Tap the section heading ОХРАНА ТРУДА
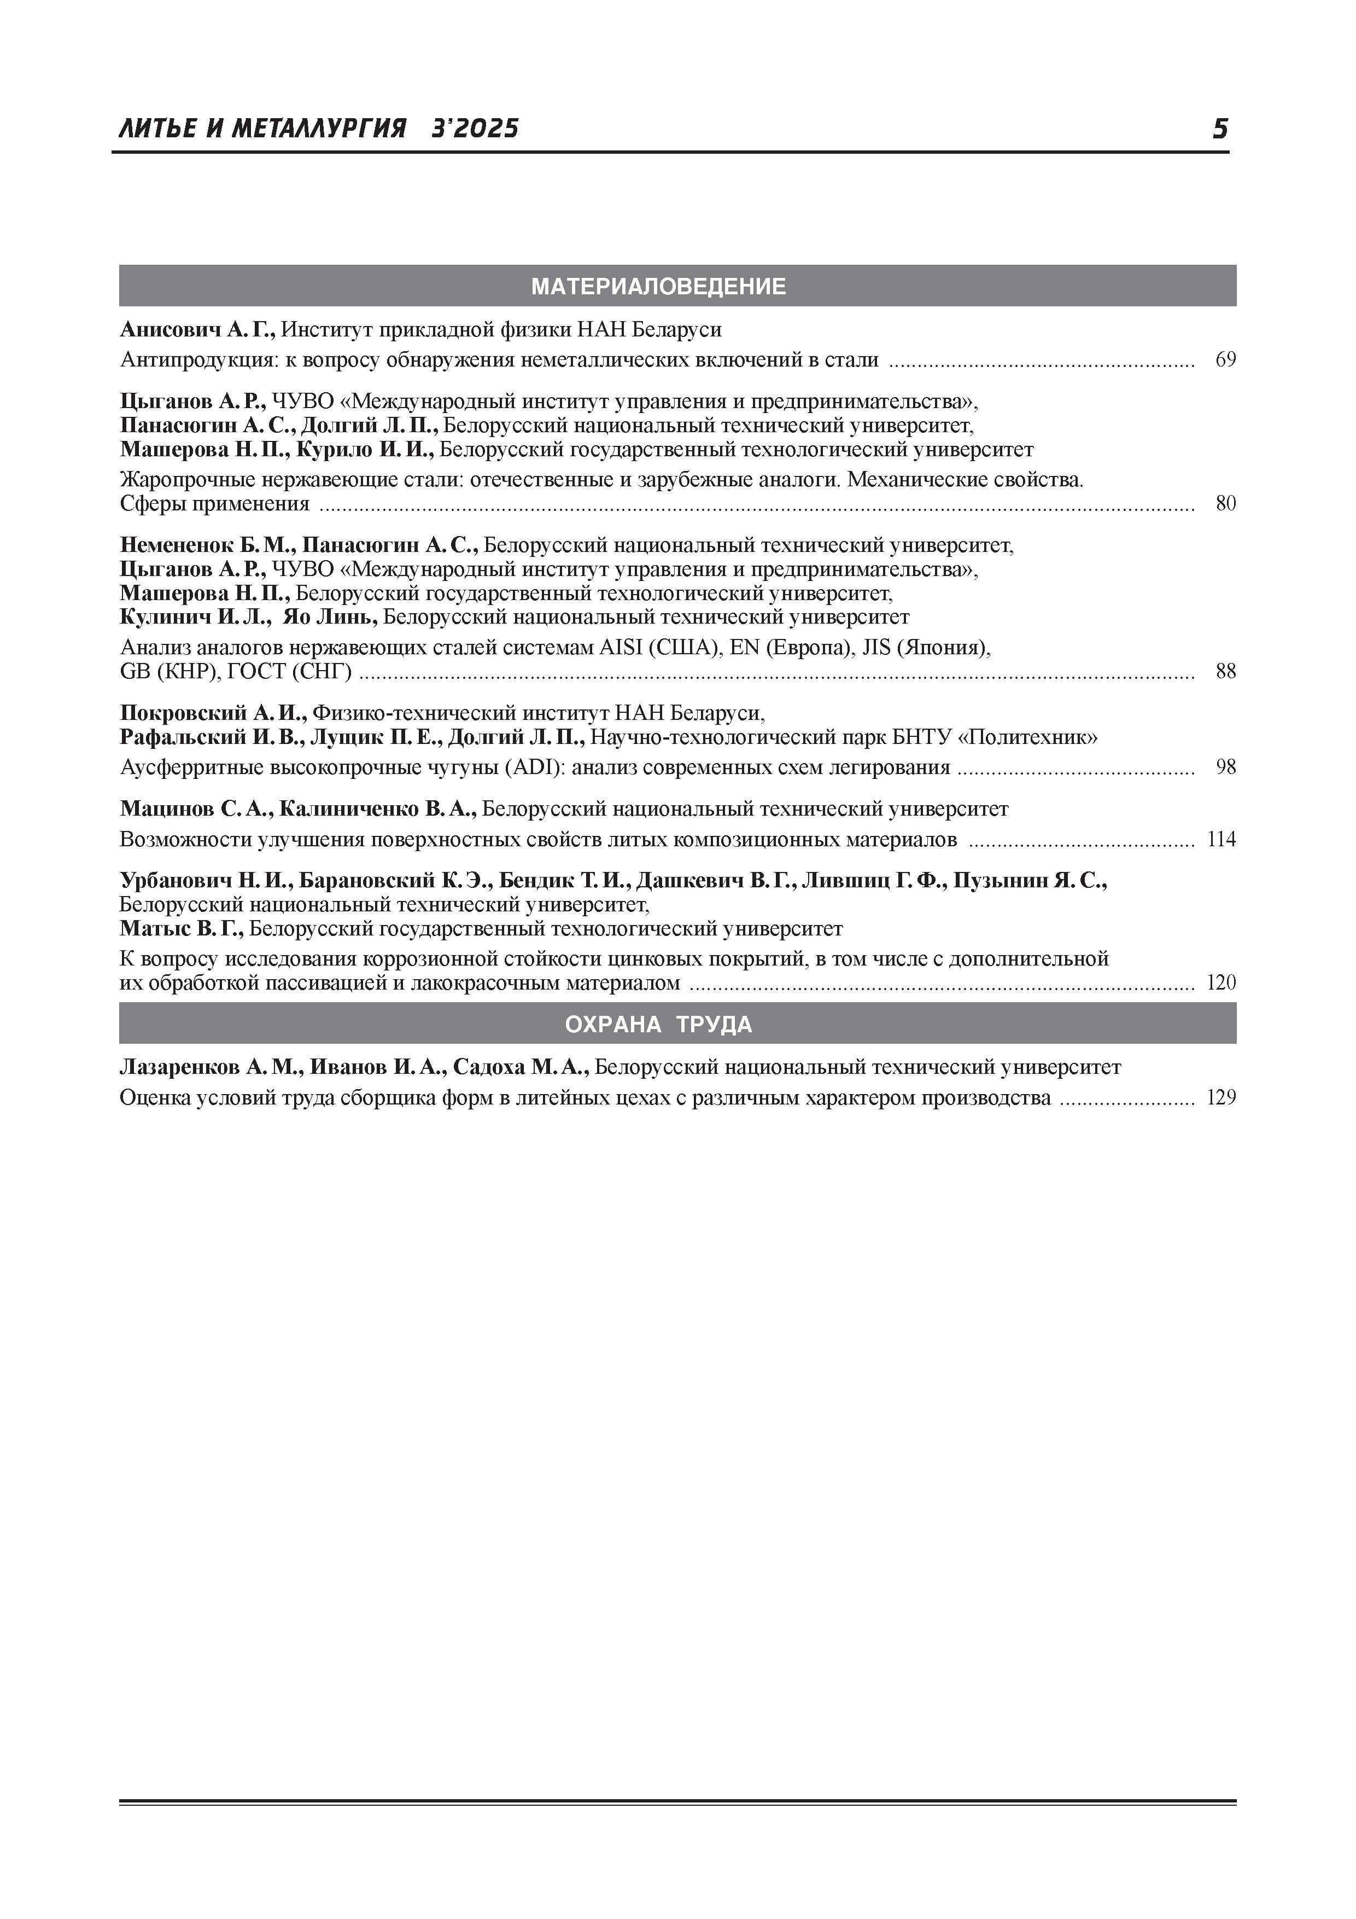(x=658, y=1025)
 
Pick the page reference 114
(x=1221, y=839)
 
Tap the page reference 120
(x=1221, y=983)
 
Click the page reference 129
(x=1221, y=1098)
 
